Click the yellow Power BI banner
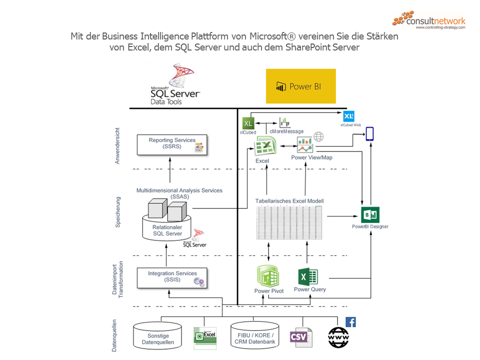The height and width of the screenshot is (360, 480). (300, 86)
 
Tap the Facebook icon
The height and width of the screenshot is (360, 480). (350, 322)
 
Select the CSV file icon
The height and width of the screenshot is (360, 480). (300, 337)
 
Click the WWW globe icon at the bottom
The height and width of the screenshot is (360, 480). (338, 337)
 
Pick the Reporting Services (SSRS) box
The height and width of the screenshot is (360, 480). (172, 144)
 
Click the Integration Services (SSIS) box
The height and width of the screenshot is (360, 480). (172, 277)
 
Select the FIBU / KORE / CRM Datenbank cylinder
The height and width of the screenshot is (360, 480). (254, 335)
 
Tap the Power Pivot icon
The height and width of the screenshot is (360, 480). (268, 276)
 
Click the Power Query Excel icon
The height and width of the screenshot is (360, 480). (308, 276)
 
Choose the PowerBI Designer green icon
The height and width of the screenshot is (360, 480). (370, 214)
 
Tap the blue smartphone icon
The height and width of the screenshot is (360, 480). (369, 134)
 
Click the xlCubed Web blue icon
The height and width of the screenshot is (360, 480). (349, 116)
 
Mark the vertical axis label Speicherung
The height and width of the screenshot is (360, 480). (118, 212)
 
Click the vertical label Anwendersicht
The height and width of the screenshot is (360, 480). (117, 145)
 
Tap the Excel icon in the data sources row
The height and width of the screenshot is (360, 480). (204, 337)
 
